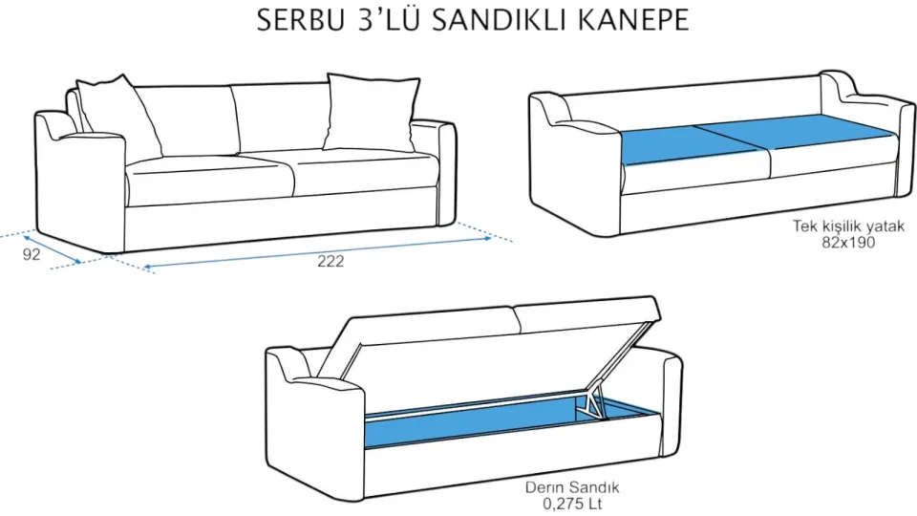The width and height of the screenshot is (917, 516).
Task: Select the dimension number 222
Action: (x=331, y=261)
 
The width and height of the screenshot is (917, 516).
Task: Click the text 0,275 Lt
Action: (x=568, y=504)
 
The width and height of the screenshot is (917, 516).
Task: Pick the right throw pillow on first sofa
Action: (x=371, y=112)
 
